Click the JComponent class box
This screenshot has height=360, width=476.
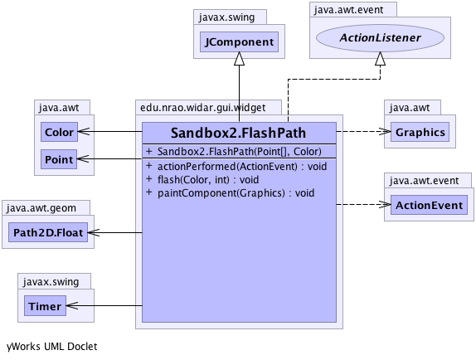point(239,41)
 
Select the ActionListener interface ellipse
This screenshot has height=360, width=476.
point(380,37)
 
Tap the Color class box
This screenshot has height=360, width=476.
point(59,132)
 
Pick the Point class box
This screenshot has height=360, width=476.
point(59,159)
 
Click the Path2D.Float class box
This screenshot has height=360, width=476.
point(48,232)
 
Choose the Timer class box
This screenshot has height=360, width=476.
point(45,306)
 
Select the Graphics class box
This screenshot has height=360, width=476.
point(420,132)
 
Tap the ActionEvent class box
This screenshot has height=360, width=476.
point(429,205)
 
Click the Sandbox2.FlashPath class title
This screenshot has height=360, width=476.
point(238,133)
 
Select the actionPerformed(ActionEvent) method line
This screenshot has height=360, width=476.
point(236,167)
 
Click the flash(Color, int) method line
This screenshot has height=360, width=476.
point(202,180)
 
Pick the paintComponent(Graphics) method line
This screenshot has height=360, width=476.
point(230,193)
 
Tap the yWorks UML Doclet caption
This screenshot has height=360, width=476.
point(52,347)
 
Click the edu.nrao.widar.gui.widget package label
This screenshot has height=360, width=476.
point(203,108)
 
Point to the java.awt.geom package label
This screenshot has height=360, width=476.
point(41,208)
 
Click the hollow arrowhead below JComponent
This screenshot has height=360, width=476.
point(239,58)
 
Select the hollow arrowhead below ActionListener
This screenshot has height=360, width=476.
point(380,58)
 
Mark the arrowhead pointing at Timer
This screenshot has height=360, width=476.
point(72,305)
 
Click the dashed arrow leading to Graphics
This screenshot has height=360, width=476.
point(364,131)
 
